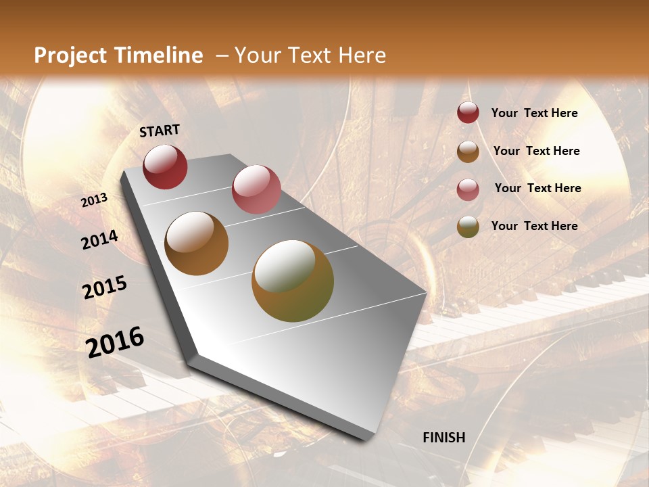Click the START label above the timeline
point(160,131)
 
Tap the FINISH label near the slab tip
point(444,438)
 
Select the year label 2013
point(95,200)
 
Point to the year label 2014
point(99,240)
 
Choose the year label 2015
point(105,287)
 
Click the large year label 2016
point(115,342)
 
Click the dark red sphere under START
point(165,166)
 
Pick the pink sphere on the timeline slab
point(256,189)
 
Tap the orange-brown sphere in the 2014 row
point(197,243)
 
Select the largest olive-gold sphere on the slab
point(293,281)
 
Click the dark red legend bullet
point(468,113)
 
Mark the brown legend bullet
point(468,152)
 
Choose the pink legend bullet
point(468,189)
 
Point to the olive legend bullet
point(468,227)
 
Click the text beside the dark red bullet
point(534,113)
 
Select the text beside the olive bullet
point(534,226)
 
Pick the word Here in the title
point(362,55)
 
